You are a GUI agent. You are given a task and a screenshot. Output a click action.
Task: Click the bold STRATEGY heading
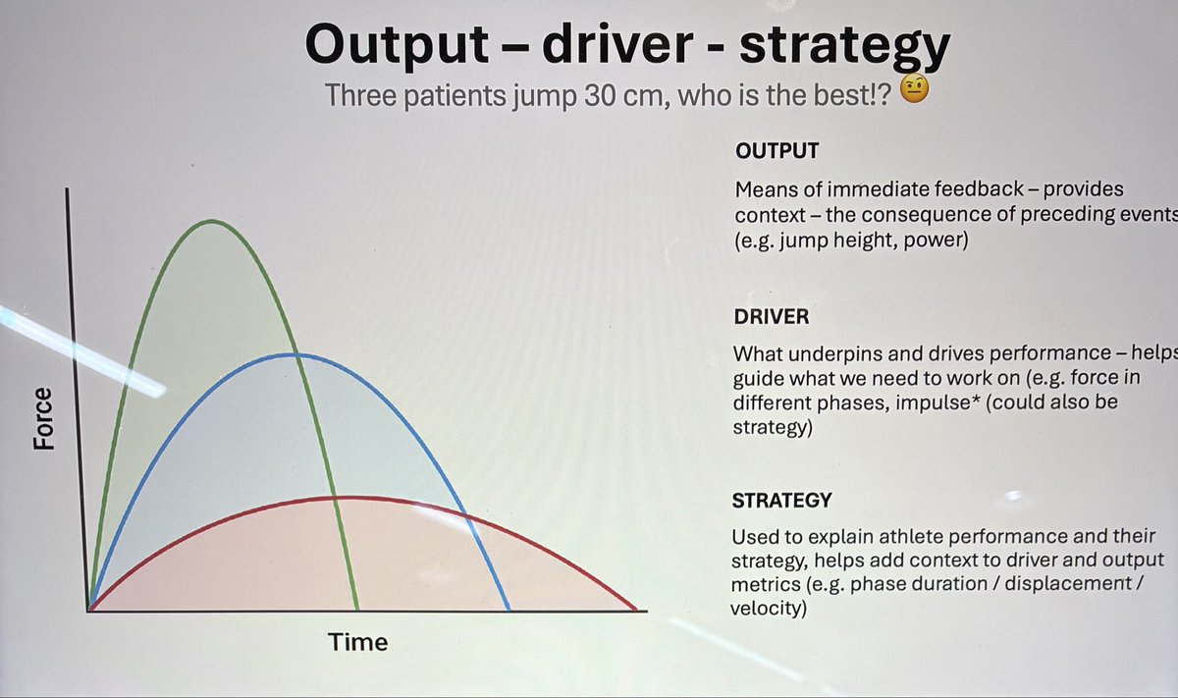(x=782, y=501)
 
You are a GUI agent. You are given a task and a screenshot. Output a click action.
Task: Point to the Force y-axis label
(x=43, y=419)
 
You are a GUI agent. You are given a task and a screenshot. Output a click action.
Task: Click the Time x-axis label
(x=358, y=643)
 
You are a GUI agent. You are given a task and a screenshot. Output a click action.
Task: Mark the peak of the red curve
(x=339, y=498)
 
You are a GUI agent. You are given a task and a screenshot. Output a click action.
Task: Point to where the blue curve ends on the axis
(x=509, y=611)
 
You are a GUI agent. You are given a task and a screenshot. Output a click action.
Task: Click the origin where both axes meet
(x=89, y=611)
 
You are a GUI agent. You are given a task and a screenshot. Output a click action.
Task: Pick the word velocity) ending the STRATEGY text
(x=768, y=608)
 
